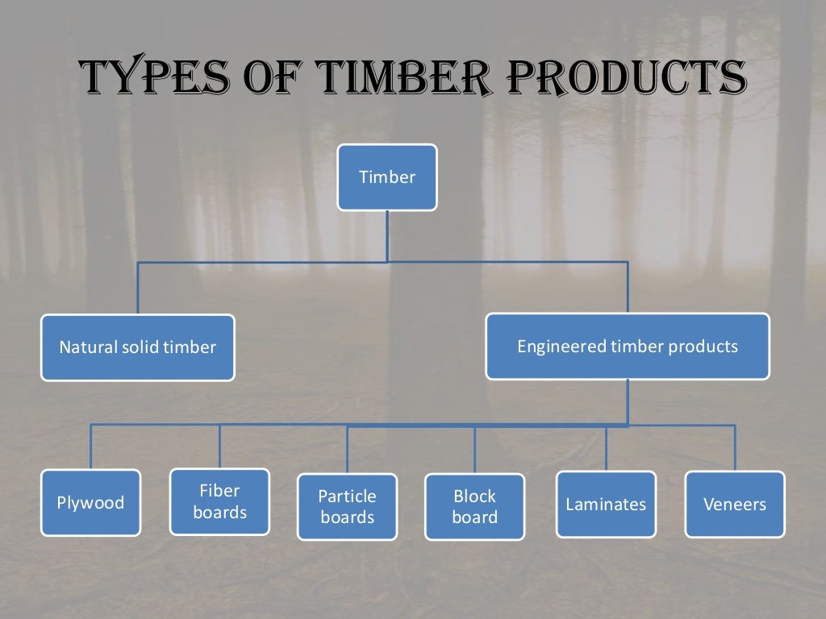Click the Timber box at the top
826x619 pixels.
coord(387,177)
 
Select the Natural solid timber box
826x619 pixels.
coord(138,347)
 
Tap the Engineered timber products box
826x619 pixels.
coord(628,347)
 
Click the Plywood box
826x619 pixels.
coord(90,503)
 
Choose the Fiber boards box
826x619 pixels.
coord(219,501)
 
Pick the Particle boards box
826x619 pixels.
coord(347,506)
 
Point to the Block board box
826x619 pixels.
coord(474,506)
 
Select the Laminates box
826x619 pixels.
coord(606,505)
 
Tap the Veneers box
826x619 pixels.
coord(735,505)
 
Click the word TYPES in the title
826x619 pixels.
coord(149,78)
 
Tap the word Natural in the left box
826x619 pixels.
coord(86,347)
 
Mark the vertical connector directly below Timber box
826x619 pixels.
coord(387,235)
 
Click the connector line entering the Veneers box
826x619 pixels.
coord(735,447)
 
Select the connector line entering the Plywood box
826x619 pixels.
coord(90,447)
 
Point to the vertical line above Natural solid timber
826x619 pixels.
coord(138,288)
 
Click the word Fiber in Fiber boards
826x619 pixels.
coord(219,491)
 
